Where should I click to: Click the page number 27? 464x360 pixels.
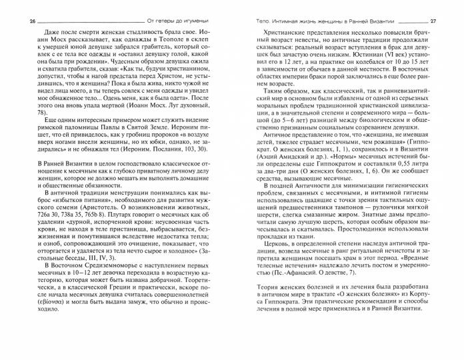pyautogui.click(x=447, y=21)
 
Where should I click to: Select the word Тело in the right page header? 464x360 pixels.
pyautogui.click(x=254, y=21)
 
